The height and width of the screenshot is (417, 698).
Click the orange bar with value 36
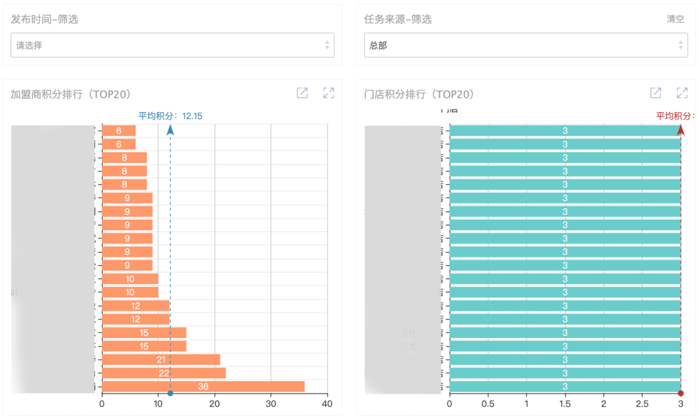click(x=203, y=387)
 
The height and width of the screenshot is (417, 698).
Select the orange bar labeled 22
click(x=164, y=373)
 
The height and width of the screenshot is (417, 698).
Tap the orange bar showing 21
click(x=161, y=360)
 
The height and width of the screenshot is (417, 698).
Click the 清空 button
click(x=675, y=19)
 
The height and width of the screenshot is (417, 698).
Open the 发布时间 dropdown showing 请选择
click(x=172, y=46)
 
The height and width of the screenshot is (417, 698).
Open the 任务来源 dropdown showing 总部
click(x=522, y=46)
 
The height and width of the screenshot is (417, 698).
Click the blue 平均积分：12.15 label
click(x=171, y=116)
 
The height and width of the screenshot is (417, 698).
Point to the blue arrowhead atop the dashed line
click(x=170, y=130)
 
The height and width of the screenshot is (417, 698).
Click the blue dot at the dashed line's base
click(x=170, y=393)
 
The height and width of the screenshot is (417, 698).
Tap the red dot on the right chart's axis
click(x=681, y=393)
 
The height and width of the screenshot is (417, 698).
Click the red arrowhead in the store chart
click(x=681, y=130)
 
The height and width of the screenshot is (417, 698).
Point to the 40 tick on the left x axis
click(x=327, y=404)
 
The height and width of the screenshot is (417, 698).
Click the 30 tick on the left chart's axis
click(x=271, y=404)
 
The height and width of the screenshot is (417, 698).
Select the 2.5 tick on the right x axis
click(x=642, y=404)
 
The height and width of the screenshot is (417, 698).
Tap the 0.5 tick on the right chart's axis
click(x=488, y=404)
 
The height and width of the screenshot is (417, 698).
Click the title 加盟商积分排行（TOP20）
click(x=71, y=95)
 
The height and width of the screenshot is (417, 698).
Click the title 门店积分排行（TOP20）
click(x=419, y=95)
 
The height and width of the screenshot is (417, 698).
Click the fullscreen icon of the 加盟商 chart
click(x=329, y=93)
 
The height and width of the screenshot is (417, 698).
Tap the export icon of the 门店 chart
click(x=656, y=93)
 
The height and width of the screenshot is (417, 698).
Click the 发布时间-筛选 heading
click(x=44, y=19)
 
